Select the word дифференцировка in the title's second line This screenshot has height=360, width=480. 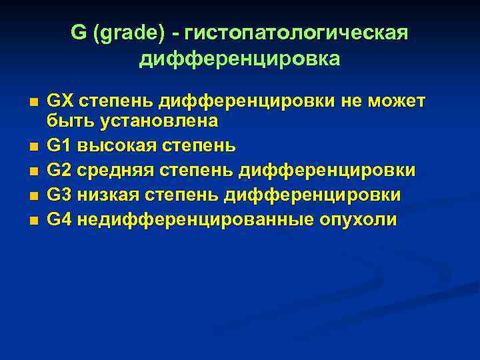coord(240,59)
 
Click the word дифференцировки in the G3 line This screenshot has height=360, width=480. coord(313,195)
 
